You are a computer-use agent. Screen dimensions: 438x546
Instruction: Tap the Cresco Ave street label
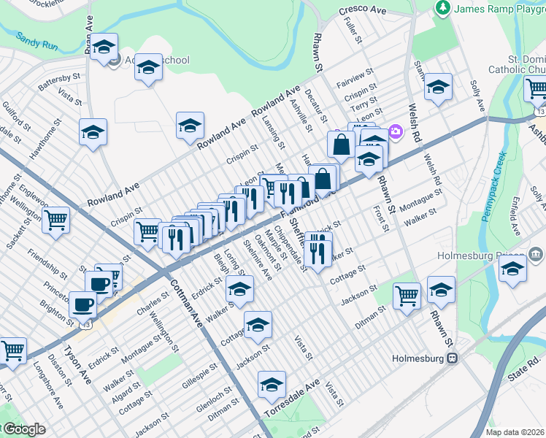click(x=362, y=12)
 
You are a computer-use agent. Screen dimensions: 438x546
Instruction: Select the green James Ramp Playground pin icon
click(x=442, y=8)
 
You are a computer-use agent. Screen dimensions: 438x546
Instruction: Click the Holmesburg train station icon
click(x=453, y=358)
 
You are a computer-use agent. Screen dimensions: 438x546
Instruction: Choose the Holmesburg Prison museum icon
click(x=537, y=255)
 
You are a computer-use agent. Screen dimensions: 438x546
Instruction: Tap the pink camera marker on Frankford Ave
click(x=396, y=131)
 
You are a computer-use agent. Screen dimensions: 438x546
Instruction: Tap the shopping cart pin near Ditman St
click(x=407, y=295)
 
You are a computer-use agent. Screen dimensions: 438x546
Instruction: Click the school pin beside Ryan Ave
click(x=104, y=48)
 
